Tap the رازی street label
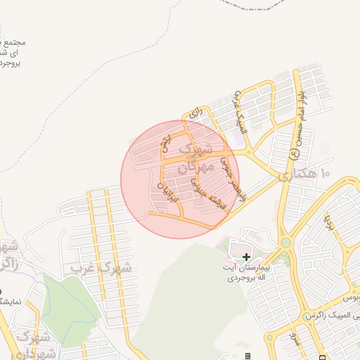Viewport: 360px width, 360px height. (x=195, y=112)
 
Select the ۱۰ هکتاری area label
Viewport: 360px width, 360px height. (x=304, y=174)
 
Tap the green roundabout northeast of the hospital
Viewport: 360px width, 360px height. (x=285, y=243)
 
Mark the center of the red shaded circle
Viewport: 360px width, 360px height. (x=180, y=179)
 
